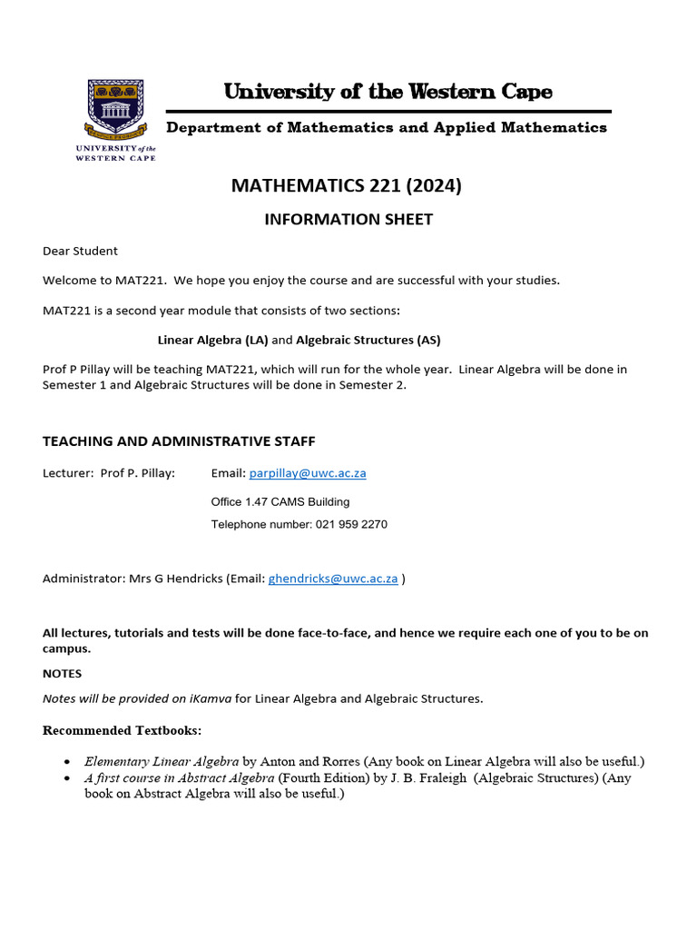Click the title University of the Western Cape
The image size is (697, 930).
[x=388, y=92]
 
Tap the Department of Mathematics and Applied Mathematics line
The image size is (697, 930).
[x=386, y=127]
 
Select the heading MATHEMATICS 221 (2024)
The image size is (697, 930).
[x=347, y=186]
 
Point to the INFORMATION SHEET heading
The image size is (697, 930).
[x=348, y=219]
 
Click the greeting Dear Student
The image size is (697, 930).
[x=80, y=251]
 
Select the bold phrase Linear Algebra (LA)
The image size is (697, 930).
[x=213, y=341]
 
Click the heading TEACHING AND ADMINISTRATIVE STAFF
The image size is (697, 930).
[x=179, y=441]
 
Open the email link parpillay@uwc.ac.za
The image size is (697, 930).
[x=308, y=473]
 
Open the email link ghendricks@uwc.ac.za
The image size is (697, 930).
[x=333, y=579]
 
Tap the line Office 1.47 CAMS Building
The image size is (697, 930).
[x=280, y=501]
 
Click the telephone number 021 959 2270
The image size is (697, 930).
[x=351, y=524]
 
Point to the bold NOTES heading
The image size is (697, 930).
[x=62, y=674]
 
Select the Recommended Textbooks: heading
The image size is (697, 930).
[x=123, y=730]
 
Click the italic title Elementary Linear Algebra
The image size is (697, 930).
[x=162, y=761]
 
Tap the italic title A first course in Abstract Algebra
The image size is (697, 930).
[x=179, y=777]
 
